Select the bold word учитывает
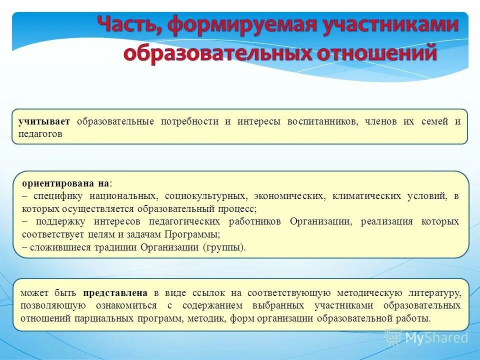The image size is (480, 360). pyautogui.click(x=44, y=122)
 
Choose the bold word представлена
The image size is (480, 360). pyautogui.click(x=115, y=293)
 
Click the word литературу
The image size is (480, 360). pyautogui.click(x=431, y=293)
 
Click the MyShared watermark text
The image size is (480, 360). pyautogui.click(x=436, y=337)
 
